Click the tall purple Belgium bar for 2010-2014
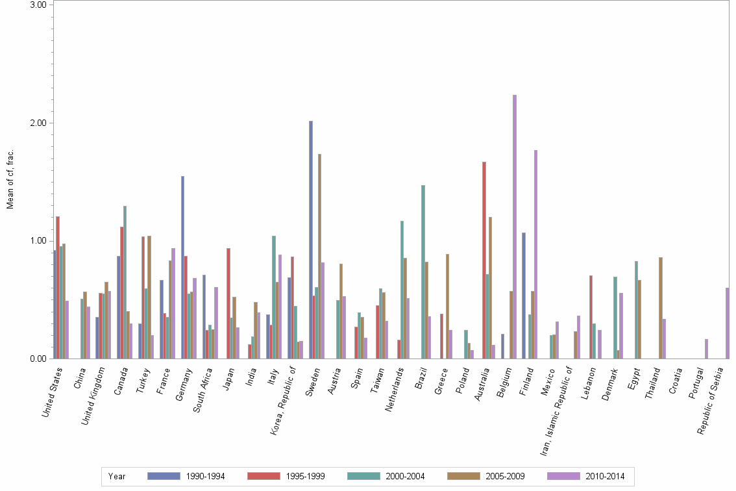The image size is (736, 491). click(x=515, y=227)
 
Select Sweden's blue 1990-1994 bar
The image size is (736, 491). click(x=311, y=240)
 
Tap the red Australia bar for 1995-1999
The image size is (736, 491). click(x=484, y=260)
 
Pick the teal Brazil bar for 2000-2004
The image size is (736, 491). click(x=423, y=273)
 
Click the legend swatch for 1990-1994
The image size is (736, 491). click(x=164, y=476)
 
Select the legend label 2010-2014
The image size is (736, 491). click(x=605, y=476)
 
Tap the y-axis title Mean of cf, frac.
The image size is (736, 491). click(x=10, y=179)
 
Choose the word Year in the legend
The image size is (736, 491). click(x=117, y=476)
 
